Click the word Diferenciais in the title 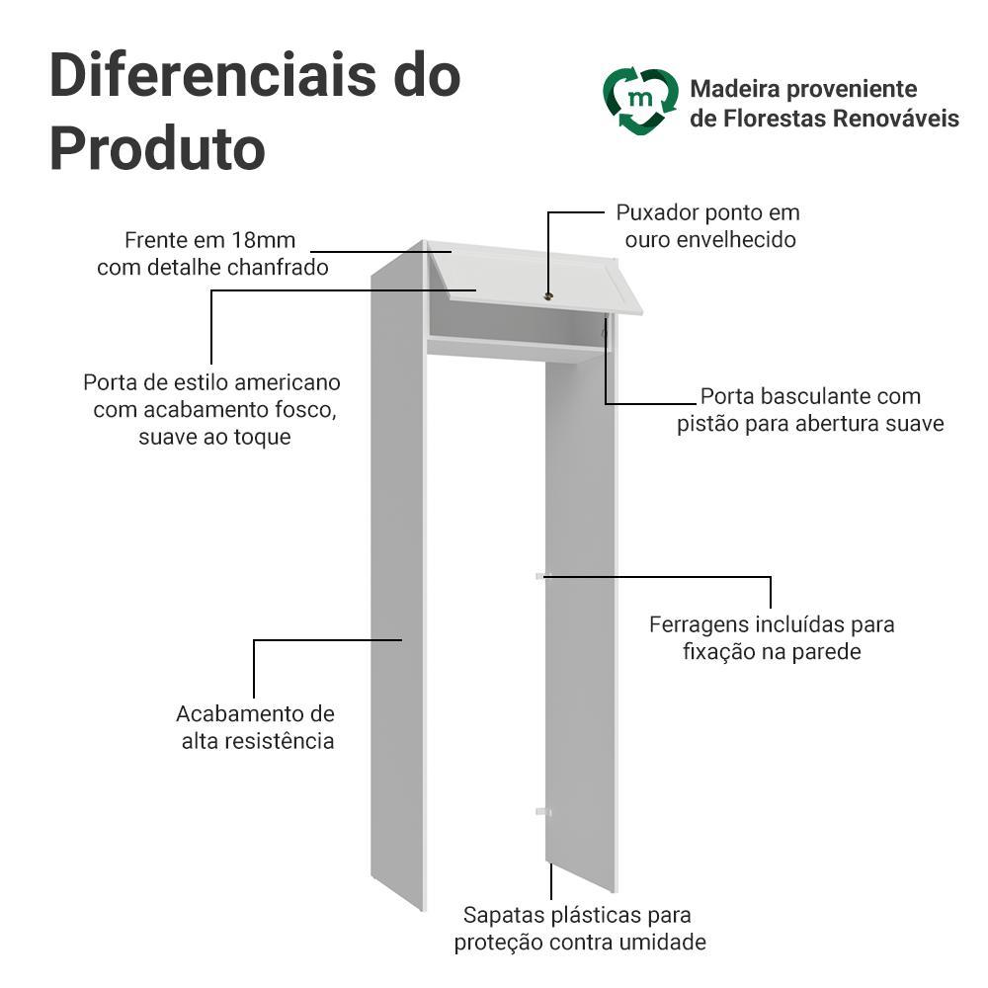(x=212, y=75)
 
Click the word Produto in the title (x=157, y=149)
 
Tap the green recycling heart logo (x=640, y=101)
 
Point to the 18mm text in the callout (x=263, y=240)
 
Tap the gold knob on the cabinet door (x=548, y=296)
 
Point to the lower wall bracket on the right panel (x=543, y=812)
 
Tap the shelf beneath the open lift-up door (x=516, y=349)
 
